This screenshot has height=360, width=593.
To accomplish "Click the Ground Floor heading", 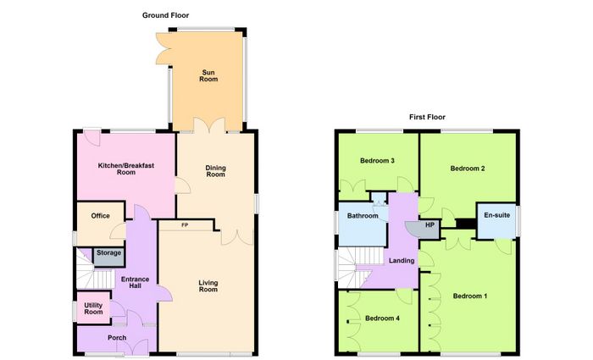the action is pos(166,15).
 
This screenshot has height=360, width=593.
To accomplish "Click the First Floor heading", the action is pos(427,117).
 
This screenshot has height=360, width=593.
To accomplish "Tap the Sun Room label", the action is pos(208,75).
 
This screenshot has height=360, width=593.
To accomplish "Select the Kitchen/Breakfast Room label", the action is pos(126,169).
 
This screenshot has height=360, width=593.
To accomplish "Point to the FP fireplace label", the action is pos(185,225).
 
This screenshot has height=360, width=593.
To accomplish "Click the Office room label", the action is pos(101,216).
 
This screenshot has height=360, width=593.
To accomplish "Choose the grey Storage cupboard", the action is pos(109,257).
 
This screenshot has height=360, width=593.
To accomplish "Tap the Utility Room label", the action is pos(93,308).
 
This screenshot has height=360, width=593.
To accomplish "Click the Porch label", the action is pos(117,338).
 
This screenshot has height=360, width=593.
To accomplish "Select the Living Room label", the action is pos(208,286).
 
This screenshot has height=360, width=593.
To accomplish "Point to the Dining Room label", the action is pos(215,171).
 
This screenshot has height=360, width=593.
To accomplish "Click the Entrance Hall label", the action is pos(135,282).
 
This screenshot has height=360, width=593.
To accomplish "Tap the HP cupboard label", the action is pos(430,225).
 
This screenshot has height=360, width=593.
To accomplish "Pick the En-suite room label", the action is pos(497,215).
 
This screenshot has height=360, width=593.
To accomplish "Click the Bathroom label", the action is pos(363,216).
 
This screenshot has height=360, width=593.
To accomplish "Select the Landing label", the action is pos(402,261).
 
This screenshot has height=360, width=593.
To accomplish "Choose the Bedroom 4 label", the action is pos(382,318).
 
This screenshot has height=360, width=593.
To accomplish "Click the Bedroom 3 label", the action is pos(378,161).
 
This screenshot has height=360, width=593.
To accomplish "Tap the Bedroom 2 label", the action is pos(468,169).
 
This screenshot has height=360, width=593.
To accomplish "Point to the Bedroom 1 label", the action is pos(470,296).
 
